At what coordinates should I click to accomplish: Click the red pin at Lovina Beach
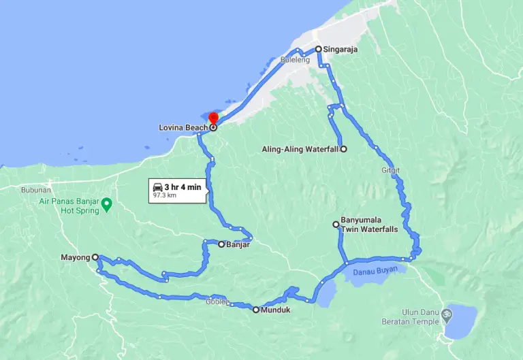[x=213, y=120]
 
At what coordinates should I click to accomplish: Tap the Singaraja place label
[x=340, y=50]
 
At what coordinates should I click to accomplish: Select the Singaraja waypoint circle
[x=318, y=49]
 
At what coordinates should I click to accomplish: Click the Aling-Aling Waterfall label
[x=300, y=149]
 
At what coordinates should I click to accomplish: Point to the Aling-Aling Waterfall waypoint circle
[x=343, y=149]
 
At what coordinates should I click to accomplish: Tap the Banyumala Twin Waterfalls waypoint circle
[x=336, y=224]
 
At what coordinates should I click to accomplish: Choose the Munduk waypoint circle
[x=256, y=310]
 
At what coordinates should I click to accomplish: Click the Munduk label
[x=274, y=310]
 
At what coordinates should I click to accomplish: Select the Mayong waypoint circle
[x=95, y=257]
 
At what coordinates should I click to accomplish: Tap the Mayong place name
[x=75, y=257]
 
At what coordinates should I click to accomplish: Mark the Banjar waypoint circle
[x=221, y=244]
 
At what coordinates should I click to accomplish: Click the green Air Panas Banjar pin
[x=106, y=203]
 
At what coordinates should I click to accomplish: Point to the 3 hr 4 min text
[x=182, y=186]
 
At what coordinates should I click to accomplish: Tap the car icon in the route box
[x=157, y=186]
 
